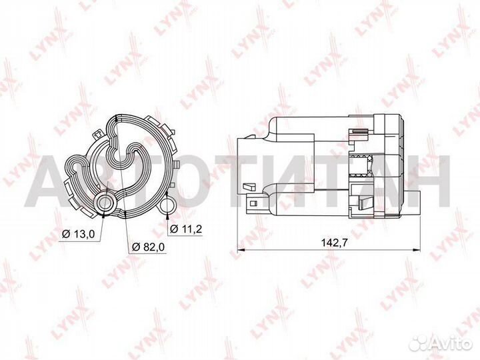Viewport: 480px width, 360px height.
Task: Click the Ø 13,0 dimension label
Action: pos(78,233)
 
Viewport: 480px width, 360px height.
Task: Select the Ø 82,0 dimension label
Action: pos(148,246)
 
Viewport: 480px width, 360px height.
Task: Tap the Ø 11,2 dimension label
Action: pos(186,229)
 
